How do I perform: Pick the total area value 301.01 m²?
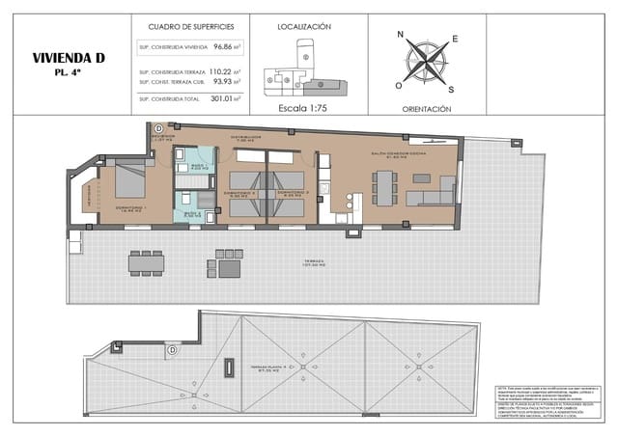(224, 97)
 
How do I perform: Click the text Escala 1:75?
(304, 108)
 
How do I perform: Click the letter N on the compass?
(401, 34)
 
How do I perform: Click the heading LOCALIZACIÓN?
(304, 28)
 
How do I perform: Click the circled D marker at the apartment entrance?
(158, 128)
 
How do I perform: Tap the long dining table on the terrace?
(146, 261)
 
